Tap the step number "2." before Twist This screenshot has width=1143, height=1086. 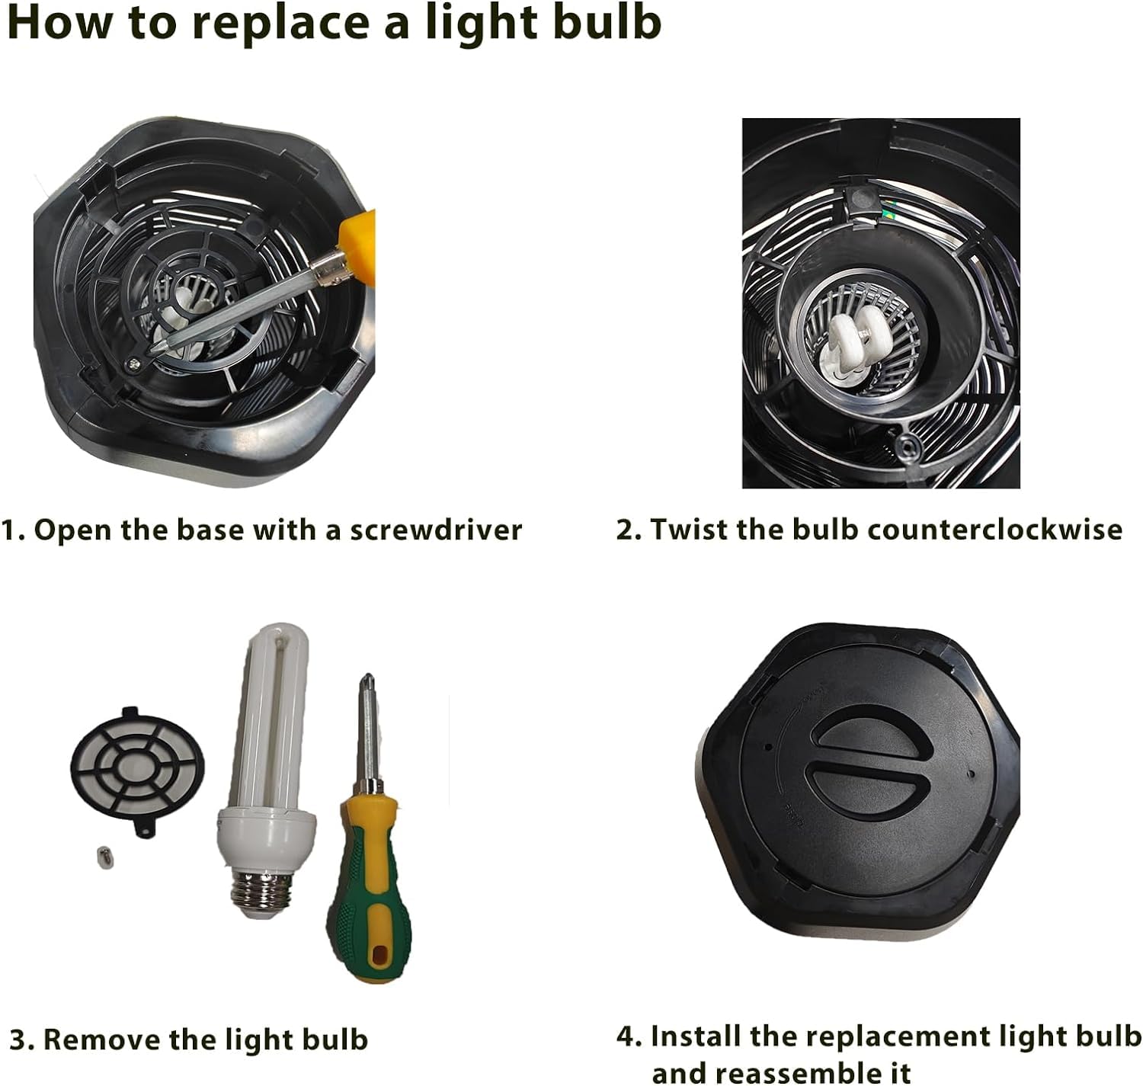click(x=629, y=530)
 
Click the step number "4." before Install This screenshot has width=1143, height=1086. click(x=629, y=1036)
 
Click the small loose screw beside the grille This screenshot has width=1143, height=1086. click(x=104, y=857)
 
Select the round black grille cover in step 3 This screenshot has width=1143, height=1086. click(x=138, y=770)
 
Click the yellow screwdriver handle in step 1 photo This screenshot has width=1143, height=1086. click(x=357, y=239)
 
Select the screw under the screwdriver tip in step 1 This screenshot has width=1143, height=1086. click(x=133, y=364)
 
